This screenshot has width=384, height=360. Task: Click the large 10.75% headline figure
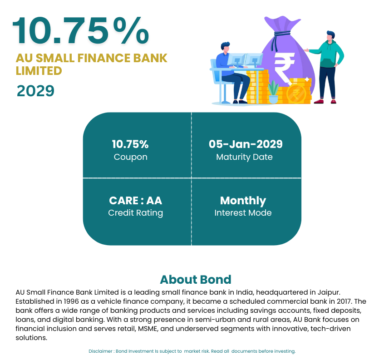point(81,30)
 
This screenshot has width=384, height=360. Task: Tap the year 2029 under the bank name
point(35,91)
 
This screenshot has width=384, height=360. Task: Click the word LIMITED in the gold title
point(39,71)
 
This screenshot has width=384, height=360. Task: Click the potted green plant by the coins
point(273,92)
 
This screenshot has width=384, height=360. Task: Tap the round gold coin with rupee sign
point(296,94)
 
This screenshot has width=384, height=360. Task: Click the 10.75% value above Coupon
point(130,144)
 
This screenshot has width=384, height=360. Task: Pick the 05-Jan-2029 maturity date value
point(246,144)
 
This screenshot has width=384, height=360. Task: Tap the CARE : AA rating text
point(135,201)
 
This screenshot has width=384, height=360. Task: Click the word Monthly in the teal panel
point(243,201)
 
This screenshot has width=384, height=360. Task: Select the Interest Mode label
point(243,212)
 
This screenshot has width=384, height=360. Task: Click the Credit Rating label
point(135,213)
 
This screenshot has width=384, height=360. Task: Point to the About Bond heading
point(196,280)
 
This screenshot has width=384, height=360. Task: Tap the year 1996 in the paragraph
point(69,301)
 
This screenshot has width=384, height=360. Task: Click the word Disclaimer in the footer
point(100,351)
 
